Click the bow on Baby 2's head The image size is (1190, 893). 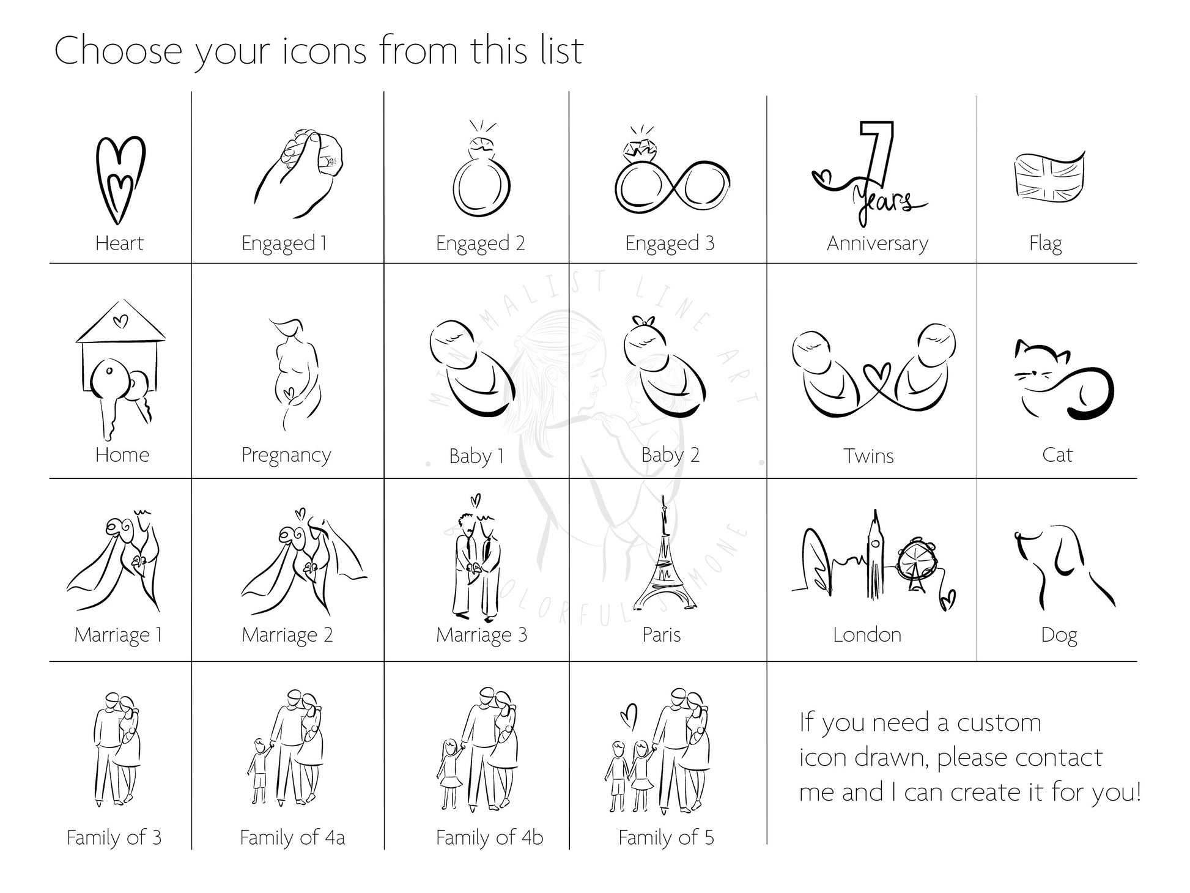643,322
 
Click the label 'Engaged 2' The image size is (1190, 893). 480,243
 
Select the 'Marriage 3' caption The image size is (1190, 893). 481,635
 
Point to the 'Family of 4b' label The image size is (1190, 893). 489,837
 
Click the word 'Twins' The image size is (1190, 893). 868,456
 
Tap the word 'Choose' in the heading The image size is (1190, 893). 118,50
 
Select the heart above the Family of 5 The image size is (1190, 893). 629,715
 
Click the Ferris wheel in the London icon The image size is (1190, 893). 917,561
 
